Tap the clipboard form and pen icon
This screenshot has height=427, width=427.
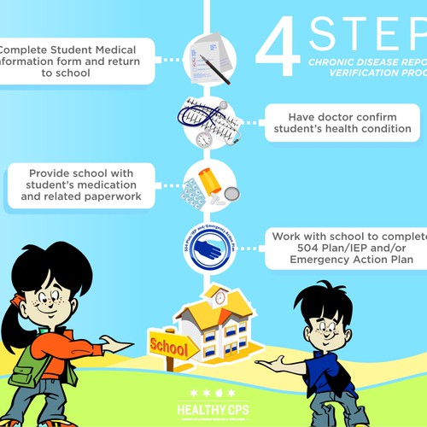coord(209,57)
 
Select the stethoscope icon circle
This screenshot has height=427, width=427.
coord(209,121)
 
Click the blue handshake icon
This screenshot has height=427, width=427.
coord(209,248)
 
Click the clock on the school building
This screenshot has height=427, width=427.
coord(219,298)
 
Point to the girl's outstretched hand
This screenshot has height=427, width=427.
coord(120,346)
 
